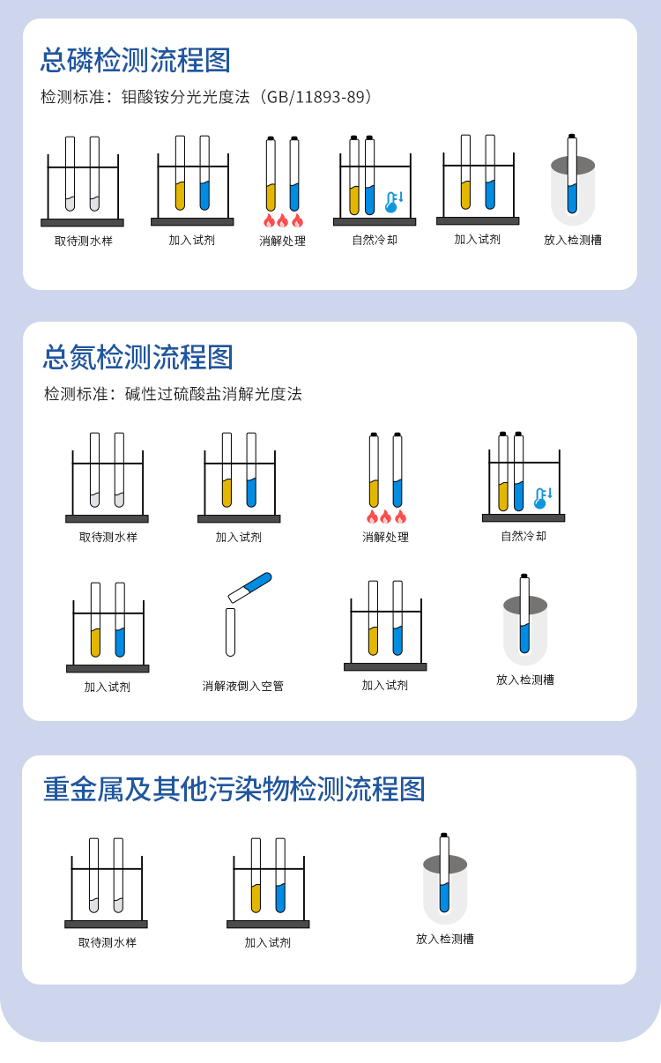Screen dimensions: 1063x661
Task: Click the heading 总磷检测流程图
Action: pos(136,60)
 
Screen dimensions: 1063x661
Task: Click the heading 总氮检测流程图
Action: pos(138,357)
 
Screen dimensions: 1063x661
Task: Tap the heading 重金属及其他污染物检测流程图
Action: pos(234,788)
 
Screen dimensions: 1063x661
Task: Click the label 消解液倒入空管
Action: pos(243,686)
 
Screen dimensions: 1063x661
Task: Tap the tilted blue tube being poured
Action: pos(249,587)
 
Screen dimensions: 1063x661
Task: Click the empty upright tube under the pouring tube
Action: pos(231,631)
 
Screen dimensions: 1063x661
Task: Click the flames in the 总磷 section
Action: pos(283,220)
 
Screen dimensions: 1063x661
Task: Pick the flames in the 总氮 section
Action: pos(386,517)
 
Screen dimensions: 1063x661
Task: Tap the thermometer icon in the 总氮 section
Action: pos(542,498)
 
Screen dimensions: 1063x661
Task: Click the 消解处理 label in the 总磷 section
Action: pos(283,241)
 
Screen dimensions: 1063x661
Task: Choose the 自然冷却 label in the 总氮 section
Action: pos(524,536)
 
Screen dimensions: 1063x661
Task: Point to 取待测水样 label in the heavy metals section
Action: pos(108,942)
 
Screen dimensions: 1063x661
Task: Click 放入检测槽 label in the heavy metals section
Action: pos(445,939)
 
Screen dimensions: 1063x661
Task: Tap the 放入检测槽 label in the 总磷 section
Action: pos(573,240)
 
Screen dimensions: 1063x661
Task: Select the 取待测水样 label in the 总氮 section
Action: pos(108,537)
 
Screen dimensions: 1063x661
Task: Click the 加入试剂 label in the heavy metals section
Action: pos(268,942)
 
